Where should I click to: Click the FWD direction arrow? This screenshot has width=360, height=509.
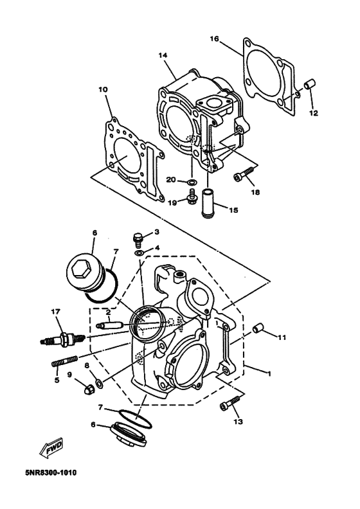click(x=50, y=448)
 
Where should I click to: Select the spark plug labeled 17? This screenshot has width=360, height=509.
click(x=62, y=339)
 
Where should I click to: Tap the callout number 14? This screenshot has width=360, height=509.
click(x=163, y=55)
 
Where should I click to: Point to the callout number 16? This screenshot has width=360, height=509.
click(x=214, y=39)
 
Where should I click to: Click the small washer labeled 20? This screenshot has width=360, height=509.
click(x=192, y=181)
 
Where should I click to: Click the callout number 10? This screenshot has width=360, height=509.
click(x=104, y=89)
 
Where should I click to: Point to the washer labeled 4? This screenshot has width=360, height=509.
click(x=139, y=253)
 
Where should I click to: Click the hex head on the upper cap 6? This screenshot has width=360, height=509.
click(x=80, y=270)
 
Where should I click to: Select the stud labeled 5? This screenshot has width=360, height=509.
click(x=64, y=361)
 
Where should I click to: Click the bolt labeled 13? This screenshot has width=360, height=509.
click(x=230, y=403)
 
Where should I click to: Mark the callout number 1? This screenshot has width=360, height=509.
click(x=269, y=374)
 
